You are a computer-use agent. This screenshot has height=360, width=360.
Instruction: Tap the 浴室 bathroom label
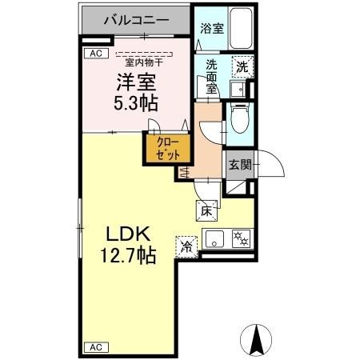(x=211, y=27)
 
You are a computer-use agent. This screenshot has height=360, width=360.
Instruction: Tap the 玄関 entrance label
(x=239, y=166)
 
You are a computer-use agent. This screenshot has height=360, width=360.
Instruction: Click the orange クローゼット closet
(x=167, y=149)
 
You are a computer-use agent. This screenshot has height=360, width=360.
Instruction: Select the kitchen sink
(x=214, y=238)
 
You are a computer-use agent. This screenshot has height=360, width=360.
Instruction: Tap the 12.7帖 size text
(x=126, y=256)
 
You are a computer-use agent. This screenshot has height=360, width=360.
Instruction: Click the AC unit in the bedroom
(x=95, y=54)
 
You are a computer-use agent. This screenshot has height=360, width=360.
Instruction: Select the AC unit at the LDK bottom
(x=94, y=347)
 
